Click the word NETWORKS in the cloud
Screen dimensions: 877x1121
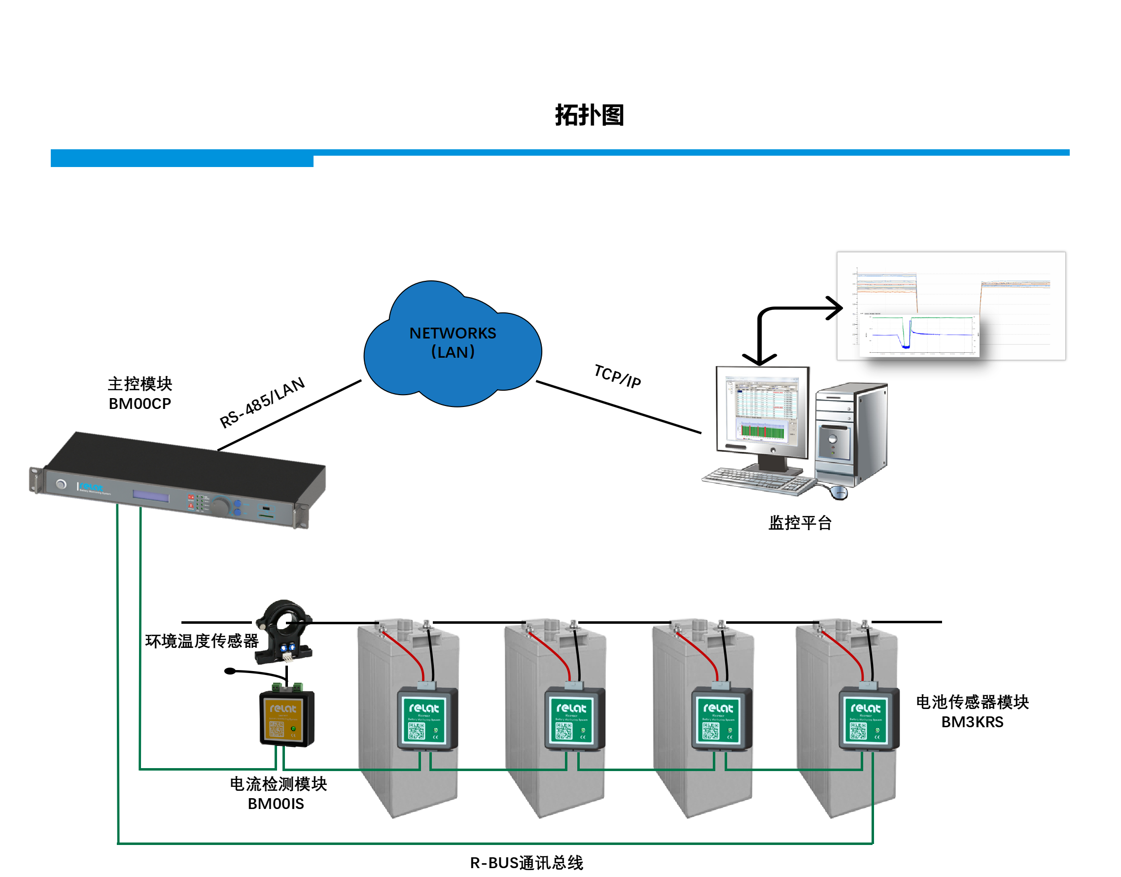453,333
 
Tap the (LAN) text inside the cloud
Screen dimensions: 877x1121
453,352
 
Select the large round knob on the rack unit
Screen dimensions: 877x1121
220,506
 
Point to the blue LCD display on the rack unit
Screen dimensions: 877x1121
151,497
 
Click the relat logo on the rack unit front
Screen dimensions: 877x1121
92,486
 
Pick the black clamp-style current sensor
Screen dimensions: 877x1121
283,633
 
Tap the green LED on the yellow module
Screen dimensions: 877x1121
293,729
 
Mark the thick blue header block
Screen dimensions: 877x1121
182,158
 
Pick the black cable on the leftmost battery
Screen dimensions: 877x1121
430,652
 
